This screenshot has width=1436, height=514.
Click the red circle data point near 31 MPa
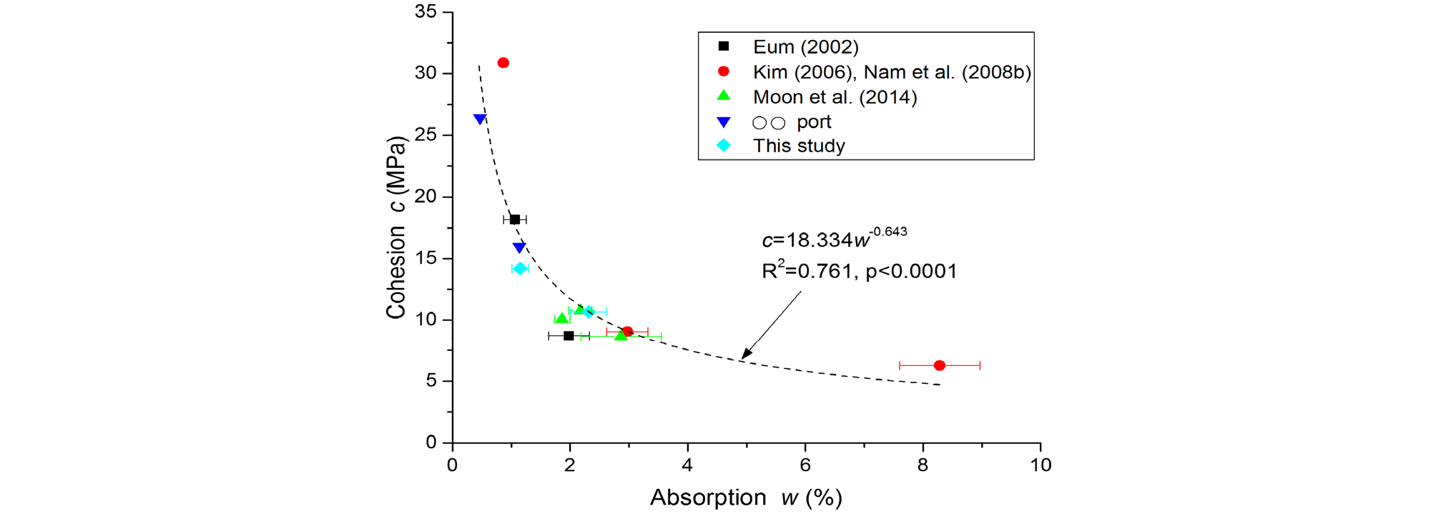[503, 63]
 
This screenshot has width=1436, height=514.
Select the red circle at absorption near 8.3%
[940, 365]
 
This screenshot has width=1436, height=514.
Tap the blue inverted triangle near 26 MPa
[480, 119]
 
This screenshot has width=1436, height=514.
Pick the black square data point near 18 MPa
[515, 219]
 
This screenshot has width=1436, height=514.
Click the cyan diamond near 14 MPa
[520, 269]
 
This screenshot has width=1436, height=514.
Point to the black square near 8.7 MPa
[569, 335]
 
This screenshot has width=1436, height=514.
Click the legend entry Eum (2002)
[805, 47]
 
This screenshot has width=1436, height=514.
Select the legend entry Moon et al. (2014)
[835, 97]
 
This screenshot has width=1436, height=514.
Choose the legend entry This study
[799, 146]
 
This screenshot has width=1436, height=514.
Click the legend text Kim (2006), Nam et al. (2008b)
[892, 72]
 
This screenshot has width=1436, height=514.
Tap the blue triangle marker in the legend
[724, 122]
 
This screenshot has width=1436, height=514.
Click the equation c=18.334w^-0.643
[834, 239]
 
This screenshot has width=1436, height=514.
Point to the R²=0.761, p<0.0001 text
[859, 271]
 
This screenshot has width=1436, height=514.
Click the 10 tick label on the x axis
[1041, 465]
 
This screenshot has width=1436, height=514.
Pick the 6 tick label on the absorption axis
[805, 465]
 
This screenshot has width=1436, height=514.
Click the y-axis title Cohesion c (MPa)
[395, 227]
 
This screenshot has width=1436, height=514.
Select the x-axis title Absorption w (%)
[746, 498]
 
